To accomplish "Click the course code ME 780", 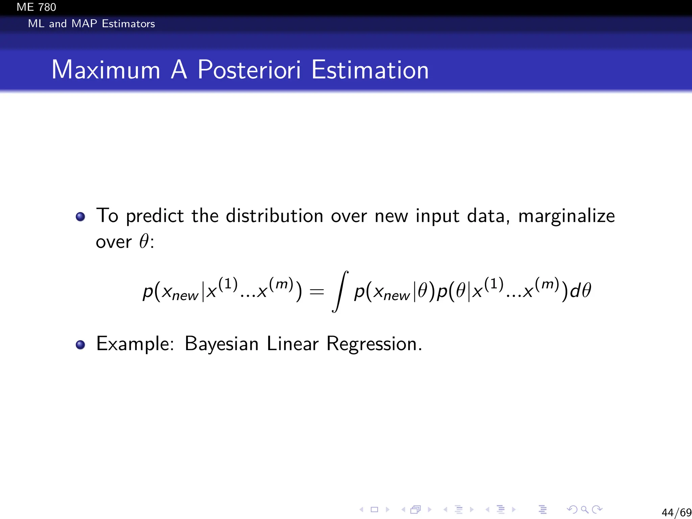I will click(x=36, y=7).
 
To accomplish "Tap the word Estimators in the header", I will click(x=128, y=24).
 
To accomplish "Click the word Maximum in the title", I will click(x=106, y=70).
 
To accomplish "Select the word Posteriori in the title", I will click(x=249, y=70).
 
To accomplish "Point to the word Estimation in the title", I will click(x=370, y=70).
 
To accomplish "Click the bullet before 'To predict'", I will click(x=80, y=216).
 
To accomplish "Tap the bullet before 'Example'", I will click(x=80, y=345).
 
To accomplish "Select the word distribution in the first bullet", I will click(x=274, y=216).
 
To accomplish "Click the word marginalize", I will click(x=567, y=216).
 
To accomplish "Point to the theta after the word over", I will click(x=144, y=242).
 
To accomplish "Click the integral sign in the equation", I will click(x=340, y=291).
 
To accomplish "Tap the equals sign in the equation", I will click(x=317, y=291).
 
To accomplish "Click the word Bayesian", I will click(x=222, y=344).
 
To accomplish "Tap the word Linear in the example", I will click(x=293, y=344).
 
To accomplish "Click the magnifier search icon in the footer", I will click(x=585, y=510).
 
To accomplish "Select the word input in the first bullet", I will click(x=438, y=216).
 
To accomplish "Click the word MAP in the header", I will click(x=84, y=24).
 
